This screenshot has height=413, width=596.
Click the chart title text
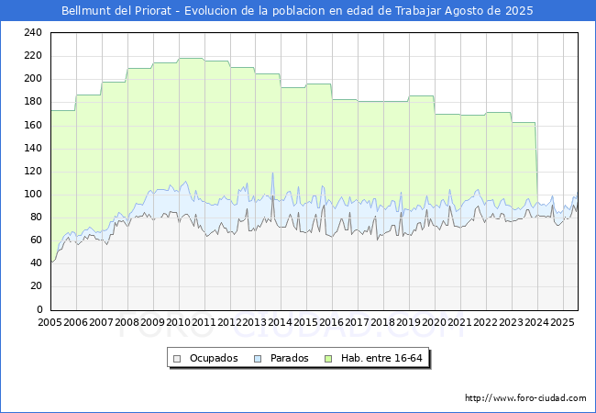pyautogui.click(x=297, y=11)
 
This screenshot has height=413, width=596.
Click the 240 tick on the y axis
pyautogui.click(x=33, y=32)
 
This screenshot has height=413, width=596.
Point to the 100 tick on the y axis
pyautogui.click(x=33, y=194)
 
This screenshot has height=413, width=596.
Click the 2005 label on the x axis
pyautogui.click(x=50, y=323)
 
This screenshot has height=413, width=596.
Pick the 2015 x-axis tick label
pyautogui.click(x=306, y=323)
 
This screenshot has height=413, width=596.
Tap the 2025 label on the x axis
pyautogui.click(x=562, y=323)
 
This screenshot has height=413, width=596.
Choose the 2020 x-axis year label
pyautogui.click(x=435, y=323)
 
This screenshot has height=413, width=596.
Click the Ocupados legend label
pyautogui.click(x=213, y=358)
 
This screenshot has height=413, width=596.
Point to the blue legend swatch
pyautogui.click(x=258, y=358)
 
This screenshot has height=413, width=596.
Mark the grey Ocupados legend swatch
pyautogui.click(x=178, y=358)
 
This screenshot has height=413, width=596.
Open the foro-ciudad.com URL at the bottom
pyautogui.click(x=525, y=398)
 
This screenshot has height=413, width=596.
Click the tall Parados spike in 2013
pyautogui.click(x=272, y=173)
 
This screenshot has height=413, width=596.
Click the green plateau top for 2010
pyautogui.click(x=191, y=59)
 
